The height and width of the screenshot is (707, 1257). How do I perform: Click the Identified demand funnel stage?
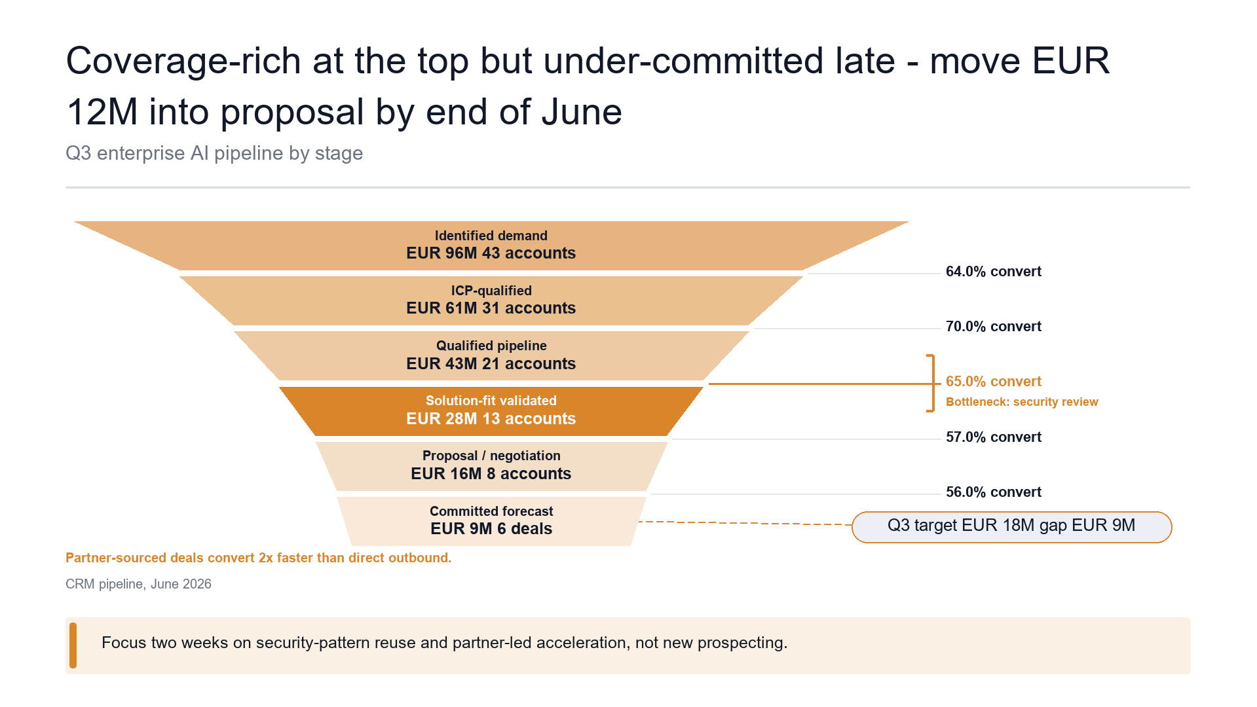coord(491,245)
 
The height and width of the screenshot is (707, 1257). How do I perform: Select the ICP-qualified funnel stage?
coord(491,300)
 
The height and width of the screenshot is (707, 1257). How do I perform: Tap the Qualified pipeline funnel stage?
coord(491,355)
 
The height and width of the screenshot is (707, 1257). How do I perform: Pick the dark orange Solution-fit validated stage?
coord(491,411)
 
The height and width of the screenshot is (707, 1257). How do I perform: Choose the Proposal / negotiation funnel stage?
coord(491,466)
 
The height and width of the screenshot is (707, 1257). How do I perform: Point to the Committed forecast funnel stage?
coord(491,521)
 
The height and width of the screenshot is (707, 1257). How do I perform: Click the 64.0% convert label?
coord(993,272)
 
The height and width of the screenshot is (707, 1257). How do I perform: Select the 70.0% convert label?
coord(993,327)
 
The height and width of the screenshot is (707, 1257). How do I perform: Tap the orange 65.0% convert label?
coord(993,382)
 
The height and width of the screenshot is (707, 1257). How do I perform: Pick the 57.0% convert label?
coord(993,437)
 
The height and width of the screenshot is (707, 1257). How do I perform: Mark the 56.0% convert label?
coord(993,492)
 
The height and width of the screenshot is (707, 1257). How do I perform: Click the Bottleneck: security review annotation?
coord(1022,402)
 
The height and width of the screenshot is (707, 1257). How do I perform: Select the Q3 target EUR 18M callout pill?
coord(1011,527)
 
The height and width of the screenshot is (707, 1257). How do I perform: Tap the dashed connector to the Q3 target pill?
coord(745,523)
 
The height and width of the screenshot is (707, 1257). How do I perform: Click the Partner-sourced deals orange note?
coord(258,558)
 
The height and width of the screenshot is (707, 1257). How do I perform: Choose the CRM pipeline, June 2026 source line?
coord(138,584)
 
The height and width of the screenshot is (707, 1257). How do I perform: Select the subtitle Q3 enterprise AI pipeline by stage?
coord(214,153)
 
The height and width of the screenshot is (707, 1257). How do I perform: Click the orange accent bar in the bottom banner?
coord(73,645)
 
